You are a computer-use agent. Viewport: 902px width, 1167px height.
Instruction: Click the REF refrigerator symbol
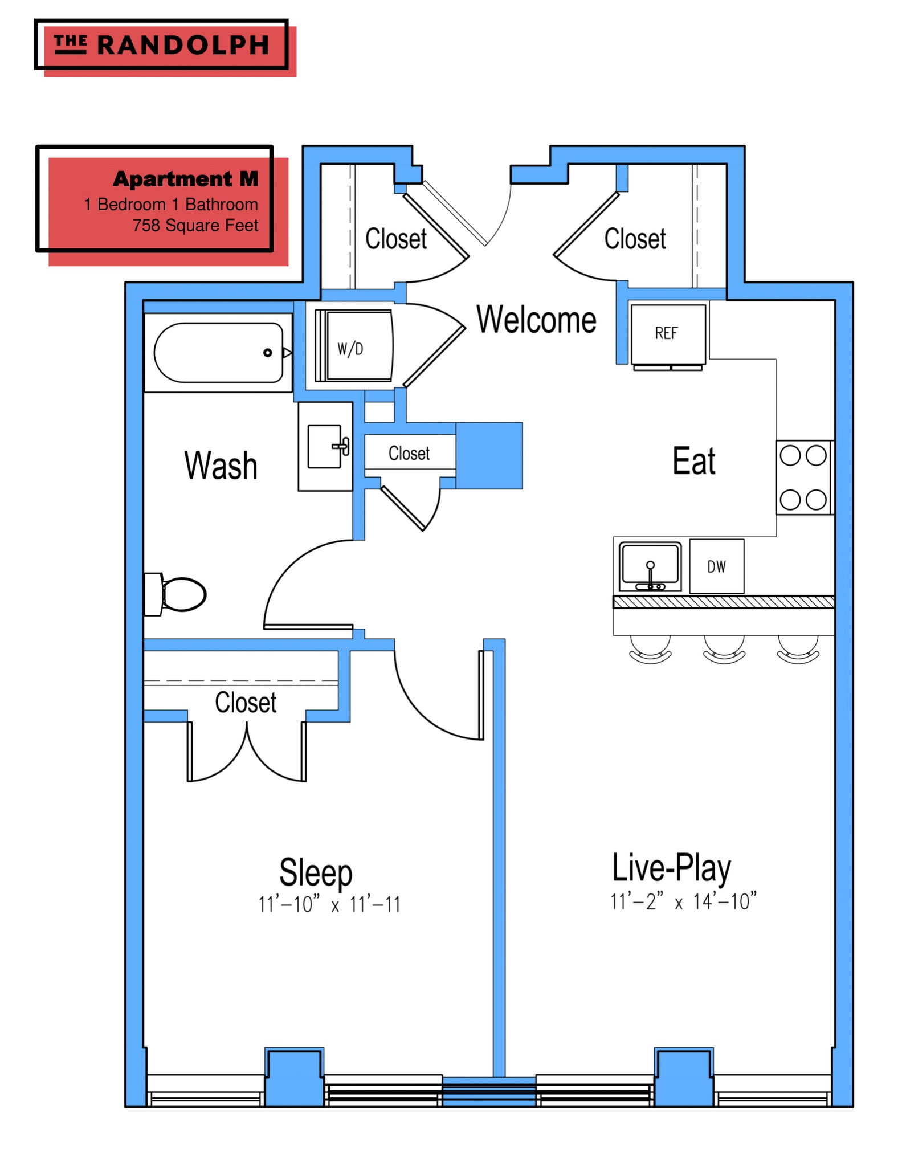click(668, 337)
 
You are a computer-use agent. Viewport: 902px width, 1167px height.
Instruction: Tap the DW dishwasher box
click(716, 566)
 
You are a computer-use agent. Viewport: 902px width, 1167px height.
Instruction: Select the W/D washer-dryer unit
click(354, 346)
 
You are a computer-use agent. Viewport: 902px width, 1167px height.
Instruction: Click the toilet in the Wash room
click(175, 594)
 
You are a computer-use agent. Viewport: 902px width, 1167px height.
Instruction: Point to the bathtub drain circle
click(267, 353)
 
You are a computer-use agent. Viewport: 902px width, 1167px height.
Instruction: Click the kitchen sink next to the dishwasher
click(650, 567)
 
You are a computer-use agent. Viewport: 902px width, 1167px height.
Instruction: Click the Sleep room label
click(316, 872)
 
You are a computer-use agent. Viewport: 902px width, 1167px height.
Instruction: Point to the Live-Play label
click(671, 868)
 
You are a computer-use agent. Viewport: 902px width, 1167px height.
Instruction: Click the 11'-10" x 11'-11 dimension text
click(329, 904)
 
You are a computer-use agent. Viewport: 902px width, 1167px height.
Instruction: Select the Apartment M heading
click(186, 179)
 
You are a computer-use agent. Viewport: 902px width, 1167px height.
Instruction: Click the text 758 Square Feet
click(195, 226)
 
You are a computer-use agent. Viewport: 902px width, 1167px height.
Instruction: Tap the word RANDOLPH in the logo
click(183, 45)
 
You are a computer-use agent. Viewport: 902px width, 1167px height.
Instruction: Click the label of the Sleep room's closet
click(246, 703)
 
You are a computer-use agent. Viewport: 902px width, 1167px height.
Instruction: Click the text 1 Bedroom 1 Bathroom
click(171, 205)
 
